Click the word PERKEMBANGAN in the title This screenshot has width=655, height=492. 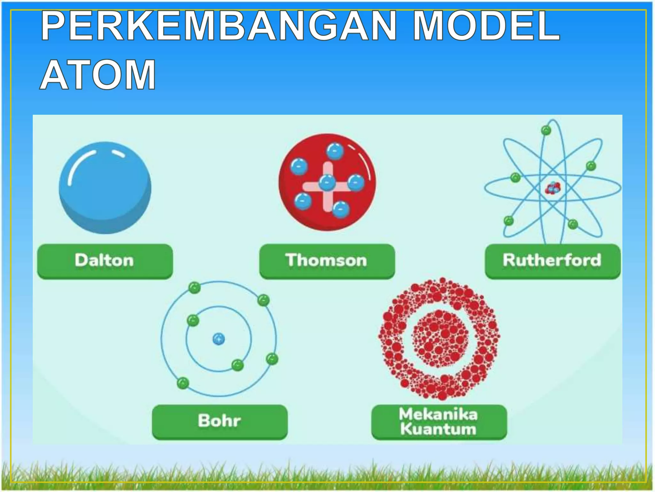(x=219, y=26)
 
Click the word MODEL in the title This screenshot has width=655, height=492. (x=486, y=26)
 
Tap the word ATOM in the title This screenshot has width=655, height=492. (x=98, y=75)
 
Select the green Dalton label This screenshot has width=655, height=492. (x=105, y=261)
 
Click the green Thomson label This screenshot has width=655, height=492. (x=327, y=261)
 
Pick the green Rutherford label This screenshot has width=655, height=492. (x=552, y=261)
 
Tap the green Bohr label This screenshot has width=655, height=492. (x=220, y=421)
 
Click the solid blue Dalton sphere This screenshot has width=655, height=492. (x=105, y=188)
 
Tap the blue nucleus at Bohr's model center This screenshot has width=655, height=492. (x=219, y=339)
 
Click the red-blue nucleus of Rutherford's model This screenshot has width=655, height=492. (x=553, y=188)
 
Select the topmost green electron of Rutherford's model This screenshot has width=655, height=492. (x=546, y=130)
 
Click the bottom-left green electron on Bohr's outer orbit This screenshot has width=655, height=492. (x=183, y=383)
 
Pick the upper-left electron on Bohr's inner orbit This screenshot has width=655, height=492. (x=193, y=320)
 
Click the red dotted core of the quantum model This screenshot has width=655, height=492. (x=439, y=339)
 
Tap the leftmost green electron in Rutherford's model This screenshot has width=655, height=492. (x=509, y=221)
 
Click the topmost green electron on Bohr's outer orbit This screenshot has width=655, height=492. (x=194, y=287)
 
